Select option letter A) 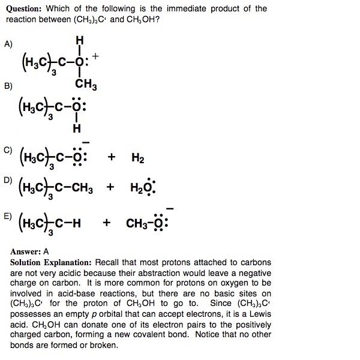pos(8,44)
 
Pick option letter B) pos(8,86)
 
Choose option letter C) pos(8,148)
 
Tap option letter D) pos(8,179)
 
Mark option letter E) pos(8,214)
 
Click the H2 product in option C pos(137,158)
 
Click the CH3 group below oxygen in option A pos(86,86)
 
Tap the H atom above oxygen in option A pos(80,40)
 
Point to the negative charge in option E pos(170,208)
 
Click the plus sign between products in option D pos(110,187)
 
